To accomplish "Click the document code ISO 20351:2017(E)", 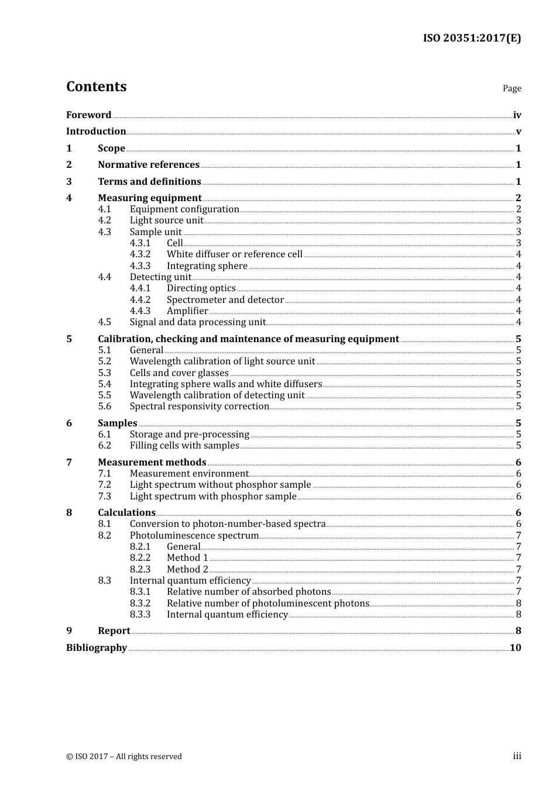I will click(472, 38).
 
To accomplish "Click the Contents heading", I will click(96, 87).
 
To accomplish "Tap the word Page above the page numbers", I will click(512, 88).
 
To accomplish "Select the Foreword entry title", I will click(88, 115).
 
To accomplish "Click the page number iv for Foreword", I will click(517, 115).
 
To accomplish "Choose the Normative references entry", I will click(149, 165).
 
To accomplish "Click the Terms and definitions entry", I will click(149, 182).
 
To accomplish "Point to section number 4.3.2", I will click(140, 254).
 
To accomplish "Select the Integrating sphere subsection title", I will click(207, 266).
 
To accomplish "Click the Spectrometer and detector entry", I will click(225, 300).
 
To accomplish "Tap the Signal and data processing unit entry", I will click(197, 322).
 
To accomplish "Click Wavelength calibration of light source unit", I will click(222, 361).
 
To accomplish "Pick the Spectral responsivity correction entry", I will click(199, 406).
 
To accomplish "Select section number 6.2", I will click(104, 446).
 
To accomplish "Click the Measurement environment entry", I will click(188, 474).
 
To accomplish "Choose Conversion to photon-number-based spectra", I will click(227, 524).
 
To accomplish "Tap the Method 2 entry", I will click(187, 569).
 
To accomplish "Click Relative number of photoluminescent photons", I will click(267, 603).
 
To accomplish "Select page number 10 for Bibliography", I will click(515, 647).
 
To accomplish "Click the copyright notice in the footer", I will click(123, 756).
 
